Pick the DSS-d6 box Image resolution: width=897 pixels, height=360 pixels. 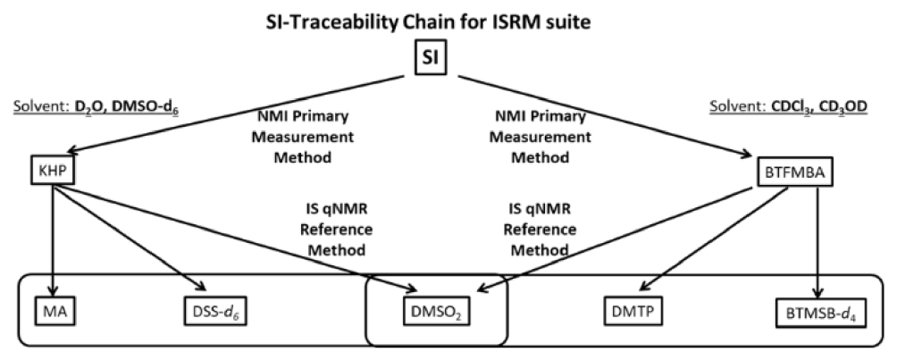(211, 314)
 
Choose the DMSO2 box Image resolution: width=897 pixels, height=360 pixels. (437, 314)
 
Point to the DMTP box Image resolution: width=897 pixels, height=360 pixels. (626, 314)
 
